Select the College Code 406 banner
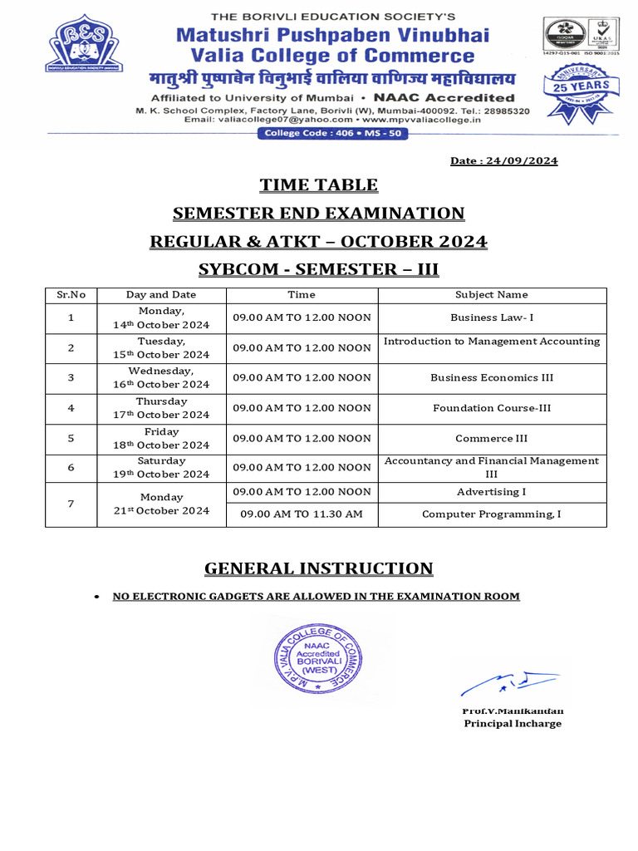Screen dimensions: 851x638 (x=332, y=134)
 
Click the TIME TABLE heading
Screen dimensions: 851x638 (x=318, y=184)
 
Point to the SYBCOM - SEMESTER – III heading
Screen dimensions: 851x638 (x=318, y=269)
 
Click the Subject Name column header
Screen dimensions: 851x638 (x=491, y=295)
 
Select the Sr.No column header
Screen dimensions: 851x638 (x=71, y=295)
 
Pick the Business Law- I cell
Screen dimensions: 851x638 (x=491, y=317)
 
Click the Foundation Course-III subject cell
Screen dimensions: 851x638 (x=491, y=408)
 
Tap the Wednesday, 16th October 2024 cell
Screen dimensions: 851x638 (x=161, y=377)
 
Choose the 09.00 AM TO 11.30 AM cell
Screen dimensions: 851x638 (x=302, y=514)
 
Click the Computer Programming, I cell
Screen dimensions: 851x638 (x=491, y=514)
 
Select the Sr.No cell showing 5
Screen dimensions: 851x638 (x=71, y=438)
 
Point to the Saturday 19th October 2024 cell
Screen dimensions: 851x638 (x=161, y=468)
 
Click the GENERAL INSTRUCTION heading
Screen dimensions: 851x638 (x=318, y=568)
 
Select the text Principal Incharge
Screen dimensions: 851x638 (x=512, y=724)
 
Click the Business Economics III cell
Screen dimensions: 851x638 (x=491, y=377)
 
